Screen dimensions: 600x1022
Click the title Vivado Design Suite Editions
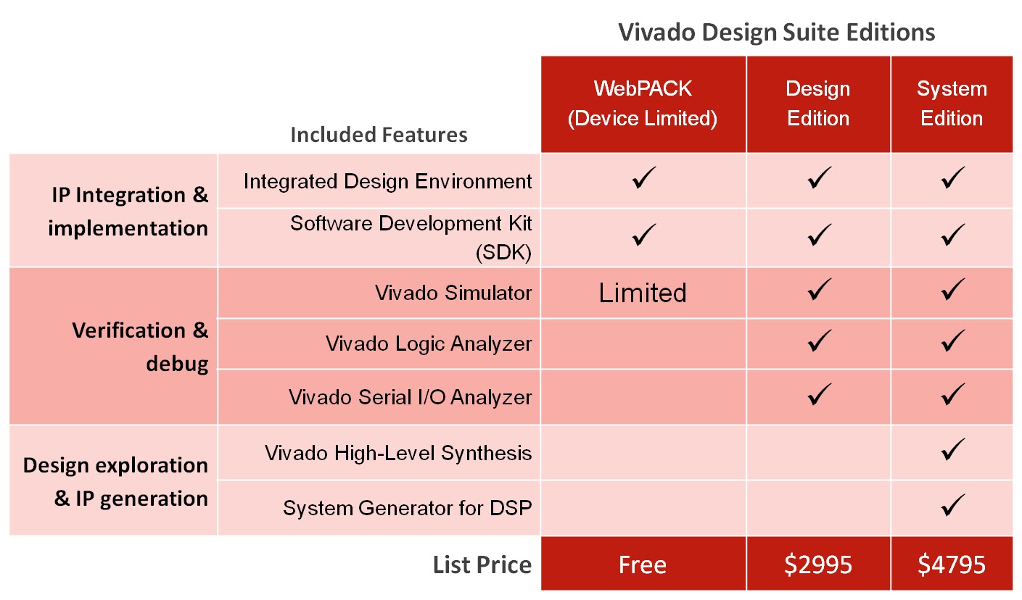[776, 33]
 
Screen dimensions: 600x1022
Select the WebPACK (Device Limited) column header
[643, 104]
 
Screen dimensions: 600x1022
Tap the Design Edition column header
[818, 104]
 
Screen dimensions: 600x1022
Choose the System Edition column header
[952, 104]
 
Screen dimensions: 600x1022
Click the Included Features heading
[379, 135]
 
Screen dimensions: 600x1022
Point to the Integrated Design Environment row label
[388, 181]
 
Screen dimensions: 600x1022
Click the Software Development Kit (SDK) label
[411, 237]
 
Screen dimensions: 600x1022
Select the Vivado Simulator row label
[453, 293]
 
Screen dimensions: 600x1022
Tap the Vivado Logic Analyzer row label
[429, 343]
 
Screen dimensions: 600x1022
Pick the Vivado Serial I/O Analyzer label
[411, 397]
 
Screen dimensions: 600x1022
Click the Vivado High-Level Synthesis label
[398, 454]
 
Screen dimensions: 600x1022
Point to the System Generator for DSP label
[408, 508]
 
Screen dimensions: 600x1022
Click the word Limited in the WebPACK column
[643, 293]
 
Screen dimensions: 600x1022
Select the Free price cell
[643, 564]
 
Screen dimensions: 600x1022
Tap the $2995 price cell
[818, 564]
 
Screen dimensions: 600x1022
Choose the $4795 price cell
[952, 564]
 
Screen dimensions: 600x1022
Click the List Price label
[482, 564]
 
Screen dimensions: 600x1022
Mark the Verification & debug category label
[140, 346]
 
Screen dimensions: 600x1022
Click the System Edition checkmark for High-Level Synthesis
[952, 450]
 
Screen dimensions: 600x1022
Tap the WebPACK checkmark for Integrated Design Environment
[643, 178]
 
